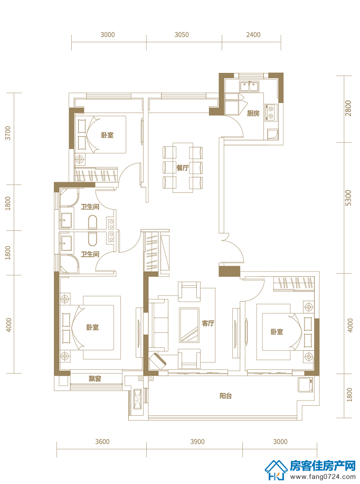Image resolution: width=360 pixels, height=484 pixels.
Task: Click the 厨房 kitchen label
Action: click(x=253, y=113)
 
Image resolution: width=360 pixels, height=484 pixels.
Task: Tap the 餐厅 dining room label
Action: click(x=182, y=168)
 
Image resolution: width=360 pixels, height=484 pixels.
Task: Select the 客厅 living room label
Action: click(x=208, y=323)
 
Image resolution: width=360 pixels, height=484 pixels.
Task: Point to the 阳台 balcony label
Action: click(x=225, y=396)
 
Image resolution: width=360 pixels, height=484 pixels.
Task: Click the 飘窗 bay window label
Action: click(x=95, y=378)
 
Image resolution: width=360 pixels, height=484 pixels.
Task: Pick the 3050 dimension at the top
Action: click(x=182, y=34)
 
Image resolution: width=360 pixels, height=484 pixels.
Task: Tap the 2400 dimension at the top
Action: click(x=253, y=34)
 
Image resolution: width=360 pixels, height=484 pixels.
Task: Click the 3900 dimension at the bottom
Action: click(x=197, y=442)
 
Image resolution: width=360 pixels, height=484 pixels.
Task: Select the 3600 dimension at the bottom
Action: click(x=102, y=442)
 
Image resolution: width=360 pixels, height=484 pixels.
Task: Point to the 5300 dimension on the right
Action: click(x=348, y=198)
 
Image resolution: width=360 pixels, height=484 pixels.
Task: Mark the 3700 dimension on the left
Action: click(x=8, y=133)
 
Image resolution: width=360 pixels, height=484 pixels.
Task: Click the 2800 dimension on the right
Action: click(x=348, y=108)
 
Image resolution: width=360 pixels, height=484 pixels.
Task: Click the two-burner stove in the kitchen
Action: click(x=271, y=112)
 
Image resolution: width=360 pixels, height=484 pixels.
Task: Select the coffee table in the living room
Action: click(x=189, y=325)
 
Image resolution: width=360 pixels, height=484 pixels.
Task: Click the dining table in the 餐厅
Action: click(x=183, y=167)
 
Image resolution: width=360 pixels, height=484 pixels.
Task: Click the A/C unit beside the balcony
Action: click(x=137, y=399)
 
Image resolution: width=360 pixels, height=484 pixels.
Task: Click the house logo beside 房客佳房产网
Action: click(x=276, y=470)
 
